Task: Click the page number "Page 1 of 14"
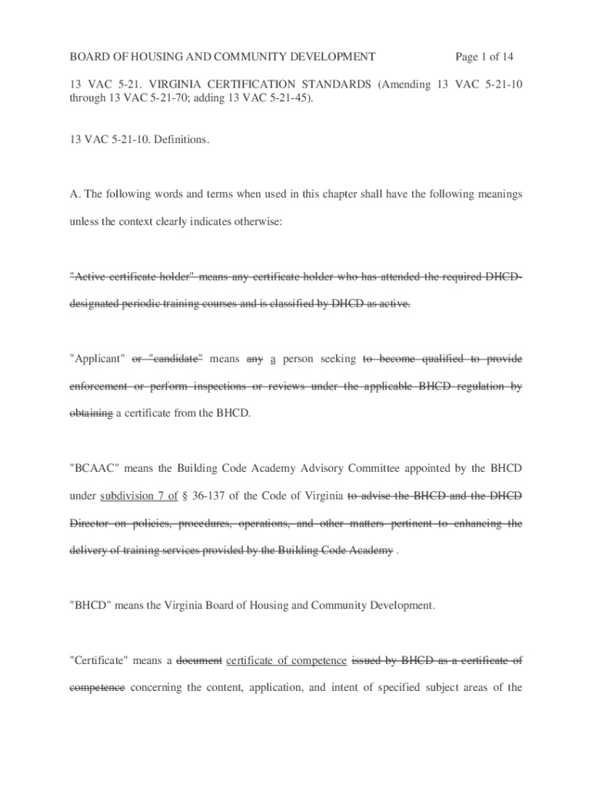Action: [x=484, y=57]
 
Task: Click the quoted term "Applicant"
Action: [x=98, y=358]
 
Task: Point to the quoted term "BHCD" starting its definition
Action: [x=91, y=606]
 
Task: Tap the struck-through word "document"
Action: [x=199, y=660]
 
